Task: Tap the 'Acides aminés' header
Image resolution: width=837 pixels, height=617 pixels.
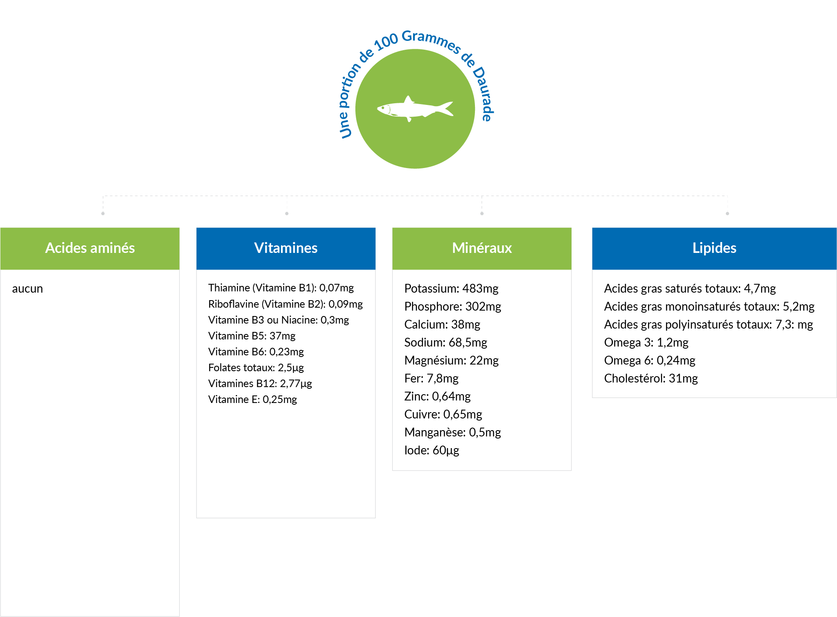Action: [x=90, y=248]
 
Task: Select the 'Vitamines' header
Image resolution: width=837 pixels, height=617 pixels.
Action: [x=286, y=248]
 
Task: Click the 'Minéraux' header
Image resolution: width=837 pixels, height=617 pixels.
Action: [x=482, y=248]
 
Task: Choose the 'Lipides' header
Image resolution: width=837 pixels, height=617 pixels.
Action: [x=714, y=248]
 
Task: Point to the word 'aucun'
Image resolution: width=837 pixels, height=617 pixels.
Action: [x=28, y=289]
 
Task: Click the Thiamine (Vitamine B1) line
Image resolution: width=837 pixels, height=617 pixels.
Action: [x=281, y=288]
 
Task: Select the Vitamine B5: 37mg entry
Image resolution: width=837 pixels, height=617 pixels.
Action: [x=252, y=336]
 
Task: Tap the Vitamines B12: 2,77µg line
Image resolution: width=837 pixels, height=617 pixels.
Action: [x=260, y=384]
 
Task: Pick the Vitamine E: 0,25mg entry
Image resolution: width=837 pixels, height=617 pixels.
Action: [x=253, y=400]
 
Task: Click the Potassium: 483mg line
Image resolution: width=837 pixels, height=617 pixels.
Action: [x=451, y=289]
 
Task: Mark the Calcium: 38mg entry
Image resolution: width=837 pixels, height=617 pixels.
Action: [x=442, y=325]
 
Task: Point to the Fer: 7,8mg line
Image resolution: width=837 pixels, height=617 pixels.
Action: [x=431, y=379]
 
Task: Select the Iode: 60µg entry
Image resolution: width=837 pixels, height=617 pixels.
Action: [x=432, y=451]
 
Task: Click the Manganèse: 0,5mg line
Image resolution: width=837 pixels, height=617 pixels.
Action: [x=453, y=433]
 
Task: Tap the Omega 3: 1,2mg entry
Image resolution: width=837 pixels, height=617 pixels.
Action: [x=646, y=343]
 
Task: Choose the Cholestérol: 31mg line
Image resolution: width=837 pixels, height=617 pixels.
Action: [x=651, y=379]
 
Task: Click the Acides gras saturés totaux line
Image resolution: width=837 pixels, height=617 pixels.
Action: [x=690, y=289]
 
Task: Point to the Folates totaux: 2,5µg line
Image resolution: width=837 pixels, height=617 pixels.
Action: [x=256, y=368]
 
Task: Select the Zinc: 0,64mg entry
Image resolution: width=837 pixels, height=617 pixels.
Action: [x=437, y=397]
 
